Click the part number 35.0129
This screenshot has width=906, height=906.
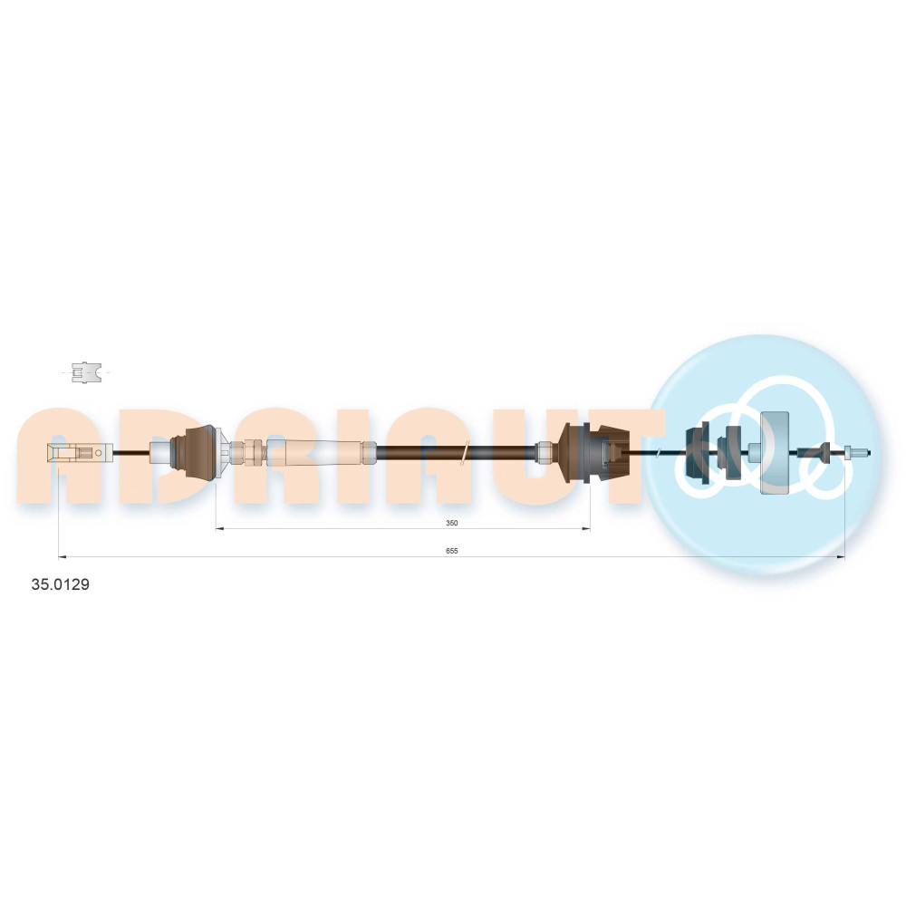click(60, 584)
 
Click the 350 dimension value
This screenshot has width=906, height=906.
click(452, 523)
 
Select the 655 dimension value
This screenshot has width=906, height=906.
click(452, 551)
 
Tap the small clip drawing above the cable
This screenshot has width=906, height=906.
click(86, 372)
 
